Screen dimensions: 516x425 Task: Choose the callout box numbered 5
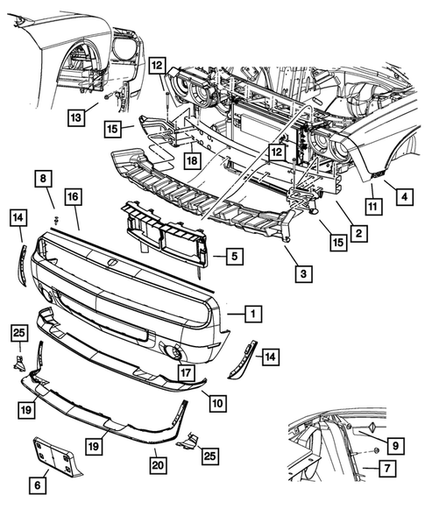tap(233, 257)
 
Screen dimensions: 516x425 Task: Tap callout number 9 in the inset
tap(395, 445)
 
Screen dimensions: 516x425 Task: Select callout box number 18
tap(192, 160)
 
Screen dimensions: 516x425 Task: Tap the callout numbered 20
tap(158, 459)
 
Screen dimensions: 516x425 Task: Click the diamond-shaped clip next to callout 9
tap(370, 427)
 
